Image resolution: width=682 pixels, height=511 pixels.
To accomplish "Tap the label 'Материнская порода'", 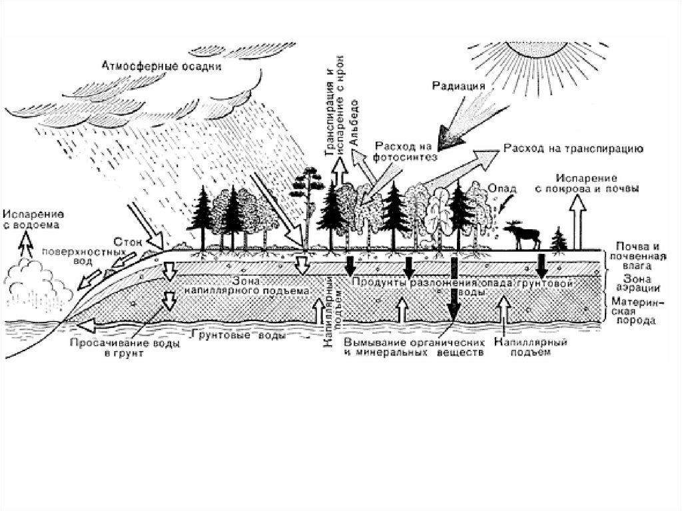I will [635, 310].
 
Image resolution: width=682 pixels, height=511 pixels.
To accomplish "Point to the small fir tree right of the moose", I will [559, 239].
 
